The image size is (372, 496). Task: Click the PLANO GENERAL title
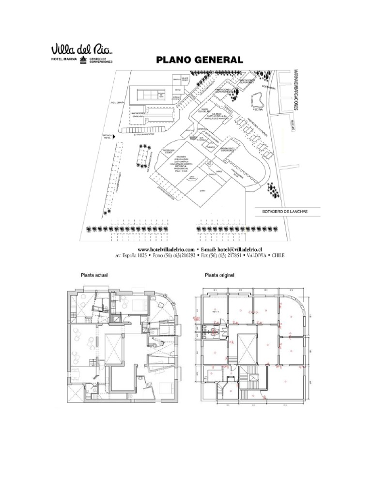click(x=199, y=60)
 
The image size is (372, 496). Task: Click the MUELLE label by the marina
click(x=293, y=122)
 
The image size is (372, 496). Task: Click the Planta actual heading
click(x=94, y=275)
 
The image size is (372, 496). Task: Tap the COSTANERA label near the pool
click(x=269, y=87)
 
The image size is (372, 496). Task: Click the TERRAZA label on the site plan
click(x=229, y=110)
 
